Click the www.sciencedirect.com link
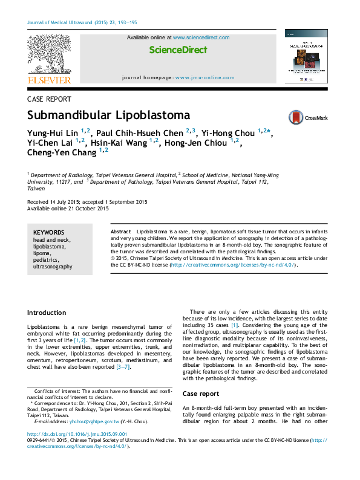[x=201, y=37]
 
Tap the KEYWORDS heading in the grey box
[x=48, y=232]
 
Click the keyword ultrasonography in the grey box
[x=53, y=266]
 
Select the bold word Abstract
[x=121, y=232]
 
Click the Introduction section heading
[x=47, y=313]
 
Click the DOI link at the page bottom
[x=77, y=434]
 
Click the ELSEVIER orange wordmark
[x=50, y=80]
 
